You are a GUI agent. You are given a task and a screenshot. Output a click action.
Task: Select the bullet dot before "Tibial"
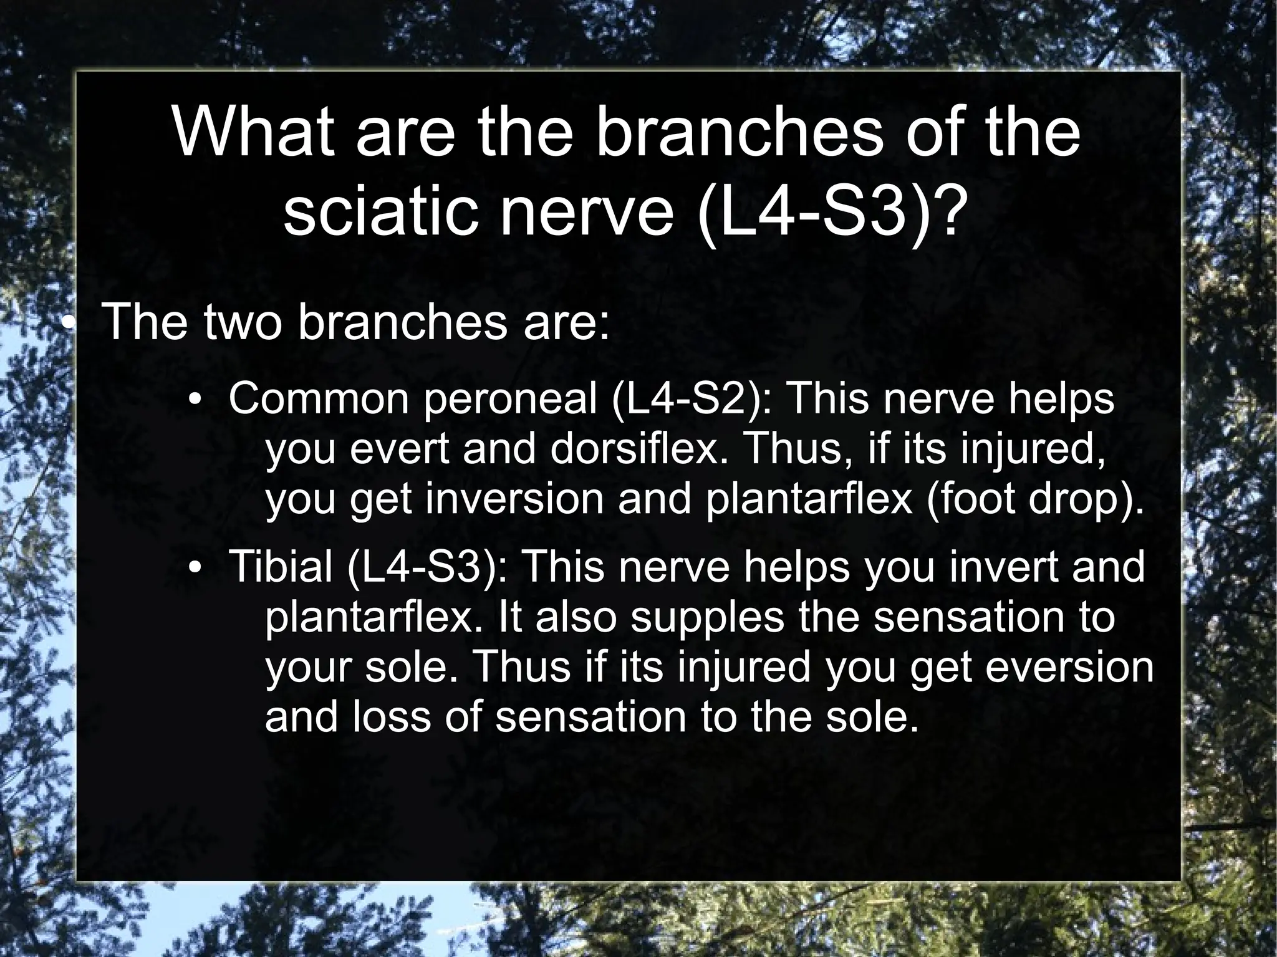pos(195,568)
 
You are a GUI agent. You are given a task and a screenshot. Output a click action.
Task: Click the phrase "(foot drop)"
pos(1036,500)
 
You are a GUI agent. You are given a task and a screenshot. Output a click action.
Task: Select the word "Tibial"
pos(281,567)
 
